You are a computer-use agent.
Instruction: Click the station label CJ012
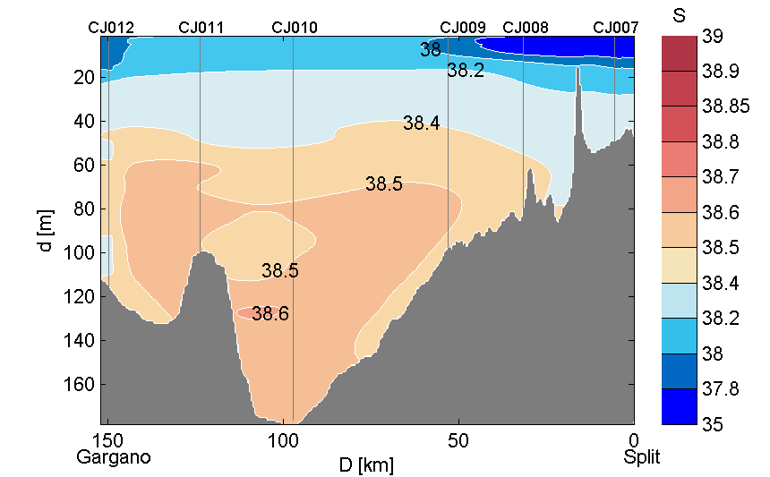tap(111, 28)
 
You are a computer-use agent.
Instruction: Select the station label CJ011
tap(201, 28)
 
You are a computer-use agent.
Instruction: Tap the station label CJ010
tap(295, 28)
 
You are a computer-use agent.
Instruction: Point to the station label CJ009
tap(464, 28)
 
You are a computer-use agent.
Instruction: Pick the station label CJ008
tap(526, 28)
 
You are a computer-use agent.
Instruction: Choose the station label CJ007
tap(616, 28)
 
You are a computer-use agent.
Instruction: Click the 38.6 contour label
tap(270, 314)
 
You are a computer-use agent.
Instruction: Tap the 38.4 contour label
tap(421, 124)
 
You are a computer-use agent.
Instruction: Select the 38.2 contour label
tap(466, 71)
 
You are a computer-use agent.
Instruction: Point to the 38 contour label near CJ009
tap(431, 50)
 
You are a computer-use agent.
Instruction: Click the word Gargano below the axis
tap(114, 457)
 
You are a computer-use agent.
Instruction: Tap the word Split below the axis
tap(642, 457)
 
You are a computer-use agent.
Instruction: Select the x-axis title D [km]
tap(367, 465)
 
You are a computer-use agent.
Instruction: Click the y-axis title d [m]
tap(47, 231)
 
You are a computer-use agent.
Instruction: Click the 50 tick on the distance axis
tap(458, 441)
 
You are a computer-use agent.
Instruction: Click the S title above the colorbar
tap(683, 15)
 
